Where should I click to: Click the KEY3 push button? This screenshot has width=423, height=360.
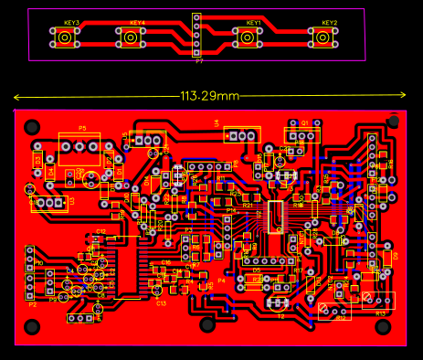65,37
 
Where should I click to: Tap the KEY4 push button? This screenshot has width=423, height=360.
130,37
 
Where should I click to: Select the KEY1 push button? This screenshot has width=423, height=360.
247,37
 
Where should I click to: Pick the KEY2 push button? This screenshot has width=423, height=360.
322,37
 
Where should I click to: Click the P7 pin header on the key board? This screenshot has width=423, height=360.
197,35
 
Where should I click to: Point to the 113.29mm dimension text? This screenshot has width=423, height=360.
209,96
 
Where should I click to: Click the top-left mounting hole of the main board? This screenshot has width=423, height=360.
33,126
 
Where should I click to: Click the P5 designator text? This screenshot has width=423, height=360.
82,128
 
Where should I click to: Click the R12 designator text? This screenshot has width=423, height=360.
340,318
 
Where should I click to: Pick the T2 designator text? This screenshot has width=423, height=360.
281,316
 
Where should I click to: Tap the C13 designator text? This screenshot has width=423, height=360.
160,302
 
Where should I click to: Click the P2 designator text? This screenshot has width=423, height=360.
33,303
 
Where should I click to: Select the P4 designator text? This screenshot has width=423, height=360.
220,281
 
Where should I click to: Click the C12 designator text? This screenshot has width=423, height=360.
100,231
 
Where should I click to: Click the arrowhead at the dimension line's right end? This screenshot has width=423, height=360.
403,95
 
